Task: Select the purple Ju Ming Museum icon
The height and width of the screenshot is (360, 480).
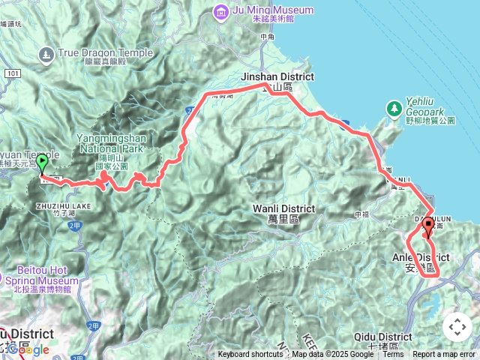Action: (x=220, y=11)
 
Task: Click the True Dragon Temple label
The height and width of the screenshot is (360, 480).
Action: (x=105, y=53)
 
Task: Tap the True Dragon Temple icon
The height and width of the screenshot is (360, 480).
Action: (x=46, y=54)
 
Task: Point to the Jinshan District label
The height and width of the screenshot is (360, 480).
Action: (x=277, y=77)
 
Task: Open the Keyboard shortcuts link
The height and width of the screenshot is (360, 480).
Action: (x=250, y=355)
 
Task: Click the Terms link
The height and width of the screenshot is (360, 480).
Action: (x=393, y=355)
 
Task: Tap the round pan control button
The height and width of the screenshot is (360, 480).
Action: (x=457, y=327)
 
